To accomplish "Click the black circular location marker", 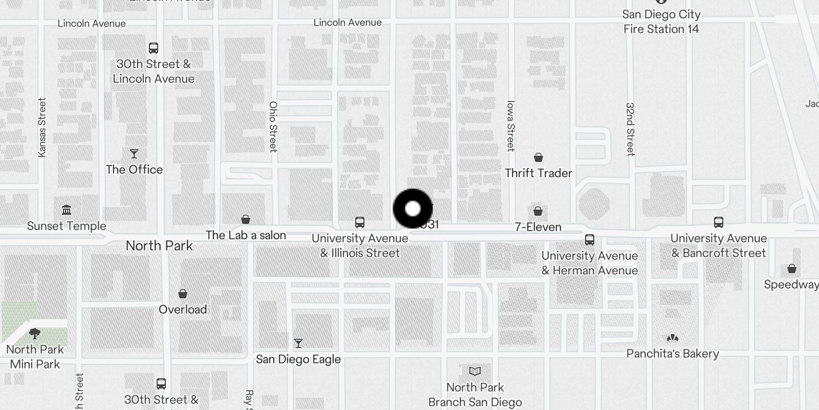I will pyautogui.click(x=413, y=209).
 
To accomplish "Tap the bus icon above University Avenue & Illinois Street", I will pyautogui.click(x=360, y=222).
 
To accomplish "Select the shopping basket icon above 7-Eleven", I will pyautogui.click(x=538, y=211).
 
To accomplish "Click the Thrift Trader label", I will pyautogui.click(x=538, y=173).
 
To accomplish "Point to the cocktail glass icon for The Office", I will pyautogui.click(x=134, y=154).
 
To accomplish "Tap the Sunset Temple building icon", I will pyautogui.click(x=67, y=210).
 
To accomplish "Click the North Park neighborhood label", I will pyautogui.click(x=159, y=246).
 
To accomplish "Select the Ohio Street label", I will pyautogui.click(x=273, y=127).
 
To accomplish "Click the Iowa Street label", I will pyautogui.click(x=510, y=126).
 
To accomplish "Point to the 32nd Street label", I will pyautogui.click(x=630, y=129).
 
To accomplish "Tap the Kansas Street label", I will pyautogui.click(x=42, y=128).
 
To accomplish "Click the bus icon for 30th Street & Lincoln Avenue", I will pyautogui.click(x=154, y=48).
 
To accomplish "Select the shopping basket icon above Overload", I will pyautogui.click(x=183, y=294).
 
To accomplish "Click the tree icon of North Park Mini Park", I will pyautogui.click(x=35, y=334).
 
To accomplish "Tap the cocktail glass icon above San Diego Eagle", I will pyautogui.click(x=298, y=343).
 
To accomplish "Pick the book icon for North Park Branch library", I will pyautogui.click(x=475, y=371).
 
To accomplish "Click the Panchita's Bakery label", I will pyautogui.click(x=673, y=354).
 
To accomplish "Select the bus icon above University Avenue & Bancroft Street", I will pyautogui.click(x=719, y=222).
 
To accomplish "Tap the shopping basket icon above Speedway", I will pyautogui.click(x=792, y=269).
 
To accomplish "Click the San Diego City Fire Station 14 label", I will pyautogui.click(x=661, y=22).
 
